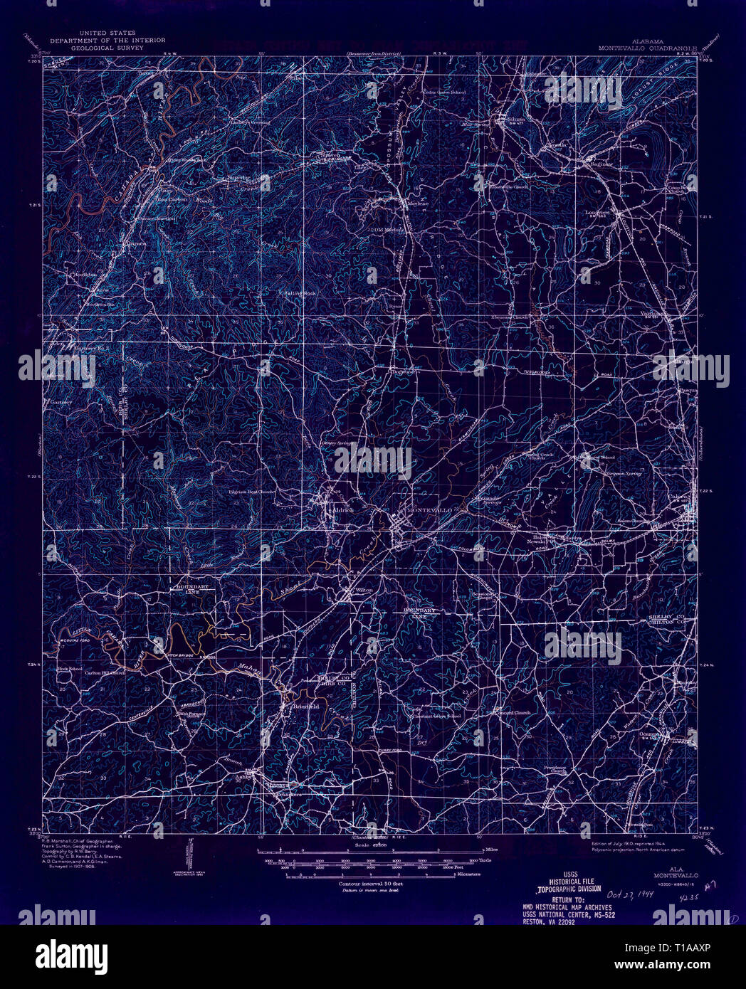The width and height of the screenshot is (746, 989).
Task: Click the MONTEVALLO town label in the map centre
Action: (x=429, y=511)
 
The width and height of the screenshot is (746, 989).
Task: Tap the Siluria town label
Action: (x=515, y=119)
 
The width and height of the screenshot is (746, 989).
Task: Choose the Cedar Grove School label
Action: (x=444, y=92)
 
